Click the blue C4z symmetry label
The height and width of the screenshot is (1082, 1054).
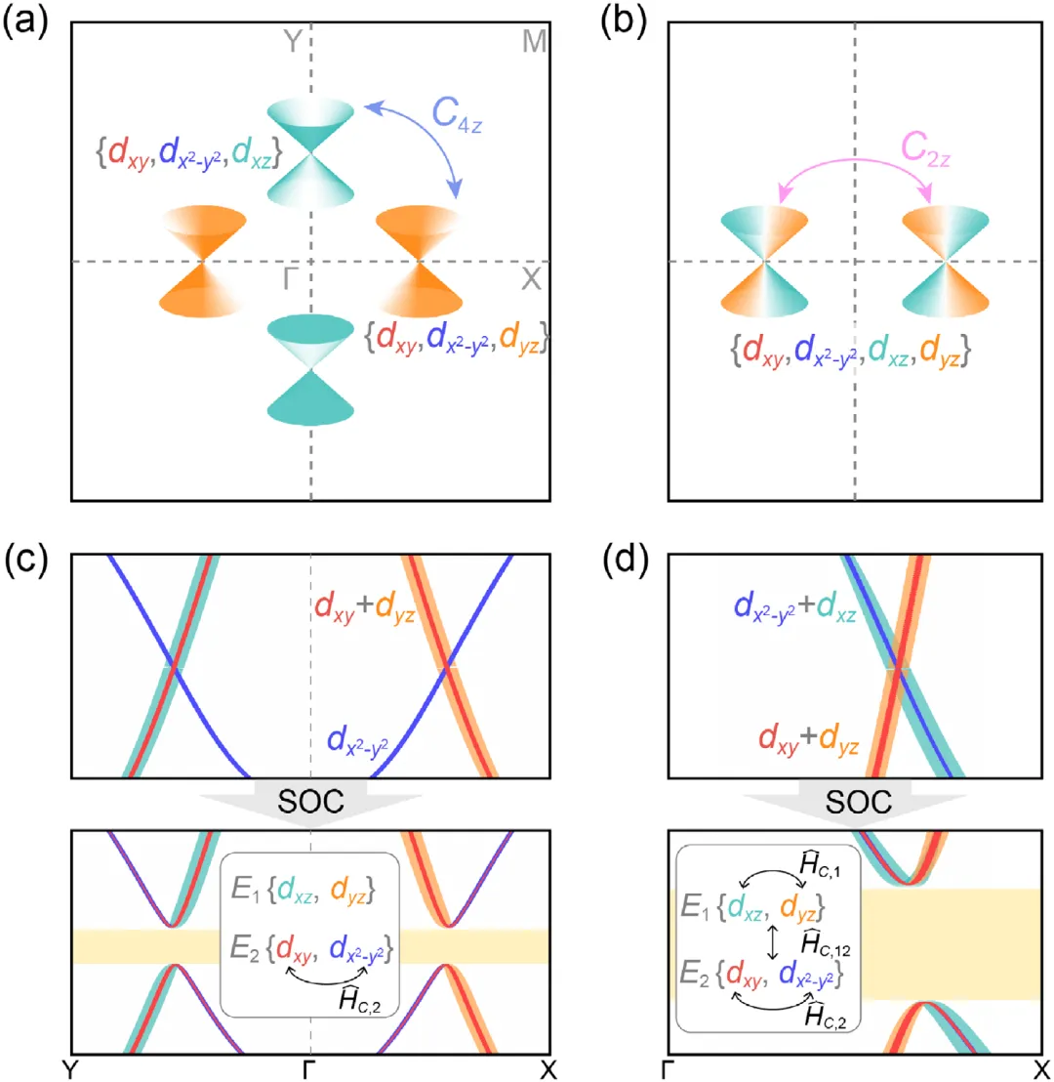click(457, 114)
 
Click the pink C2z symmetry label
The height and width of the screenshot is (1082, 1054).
click(926, 148)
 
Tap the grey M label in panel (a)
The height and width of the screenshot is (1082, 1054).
click(535, 41)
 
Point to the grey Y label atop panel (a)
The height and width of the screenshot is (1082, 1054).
click(293, 41)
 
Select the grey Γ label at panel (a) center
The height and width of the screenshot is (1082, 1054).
click(291, 278)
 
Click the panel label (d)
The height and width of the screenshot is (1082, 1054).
click(625, 561)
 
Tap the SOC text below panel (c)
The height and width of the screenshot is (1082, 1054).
click(310, 801)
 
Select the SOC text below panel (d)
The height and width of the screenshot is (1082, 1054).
click(859, 802)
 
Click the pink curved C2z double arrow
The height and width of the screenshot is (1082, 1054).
click(855, 161)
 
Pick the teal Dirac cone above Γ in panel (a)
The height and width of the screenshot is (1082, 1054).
click(310, 152)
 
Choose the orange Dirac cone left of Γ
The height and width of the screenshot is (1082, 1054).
click(203, 261)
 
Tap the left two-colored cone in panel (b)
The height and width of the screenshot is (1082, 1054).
click(764, 261)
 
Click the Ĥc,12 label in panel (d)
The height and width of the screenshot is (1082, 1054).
click(826, 943)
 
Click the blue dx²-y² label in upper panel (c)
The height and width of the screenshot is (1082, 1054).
click(357, 741)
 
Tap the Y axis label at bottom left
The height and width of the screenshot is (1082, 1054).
click(69, 1069)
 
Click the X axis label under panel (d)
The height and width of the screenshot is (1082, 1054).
click(1041, 1069)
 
